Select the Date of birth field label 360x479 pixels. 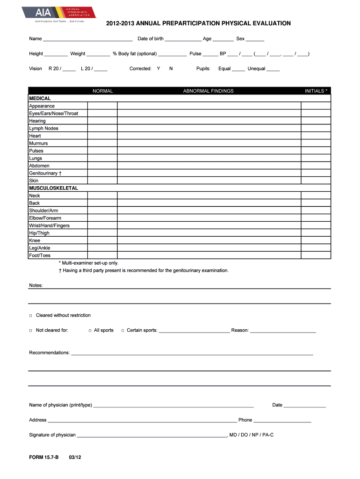(x=151, y=39)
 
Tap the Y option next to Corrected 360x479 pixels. (x=158, y=69)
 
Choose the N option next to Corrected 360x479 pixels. (x=171, y=69)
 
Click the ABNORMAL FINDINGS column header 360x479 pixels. (x=208, y=91)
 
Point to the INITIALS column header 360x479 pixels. (x=316, y=91)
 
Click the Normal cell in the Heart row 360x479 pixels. (x=102, y=136)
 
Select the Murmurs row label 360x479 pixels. (x=38, y=144)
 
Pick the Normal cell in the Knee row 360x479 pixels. (x=102, y=240)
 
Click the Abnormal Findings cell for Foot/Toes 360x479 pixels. (x=209, y=255)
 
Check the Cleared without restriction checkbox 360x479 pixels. (x=31, y=316)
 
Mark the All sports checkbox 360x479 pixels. (x=89, y=331)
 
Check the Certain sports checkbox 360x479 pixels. (x=122, y=331)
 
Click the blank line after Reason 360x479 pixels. (x=283, y=331)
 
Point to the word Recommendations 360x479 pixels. (x=49, y=353)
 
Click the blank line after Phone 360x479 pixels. (x=282, y=421)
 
